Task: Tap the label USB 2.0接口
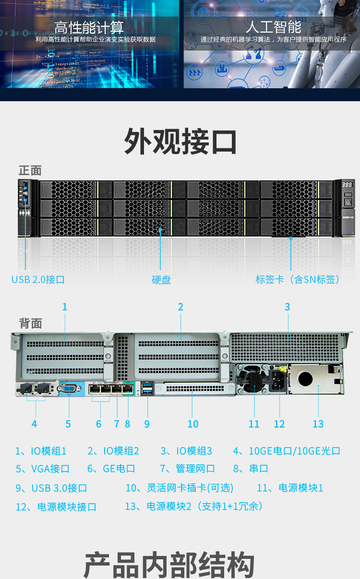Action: (38, 279)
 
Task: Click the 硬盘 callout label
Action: (161, 280)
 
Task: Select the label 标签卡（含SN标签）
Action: (298, 279)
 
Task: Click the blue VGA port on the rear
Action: (68, 389)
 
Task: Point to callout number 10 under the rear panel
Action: (193, 424)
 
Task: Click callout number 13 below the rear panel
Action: (318, 424)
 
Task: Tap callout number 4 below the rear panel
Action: (34, 424)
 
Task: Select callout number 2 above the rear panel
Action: (180, 307)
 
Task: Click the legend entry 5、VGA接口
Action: (43, 469)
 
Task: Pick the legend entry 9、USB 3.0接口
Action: (51, 488)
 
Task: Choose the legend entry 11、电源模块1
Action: (290, 488)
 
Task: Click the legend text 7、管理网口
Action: (187, 469)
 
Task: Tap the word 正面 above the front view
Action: (30, 170)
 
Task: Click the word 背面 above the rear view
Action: (30, 323)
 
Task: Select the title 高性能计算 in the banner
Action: (89, 26)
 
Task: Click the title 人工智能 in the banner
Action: (274, 26)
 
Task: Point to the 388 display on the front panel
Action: (348, 185)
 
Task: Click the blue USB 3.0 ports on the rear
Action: (147, 390)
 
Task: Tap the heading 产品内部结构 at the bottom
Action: (169, 565)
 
